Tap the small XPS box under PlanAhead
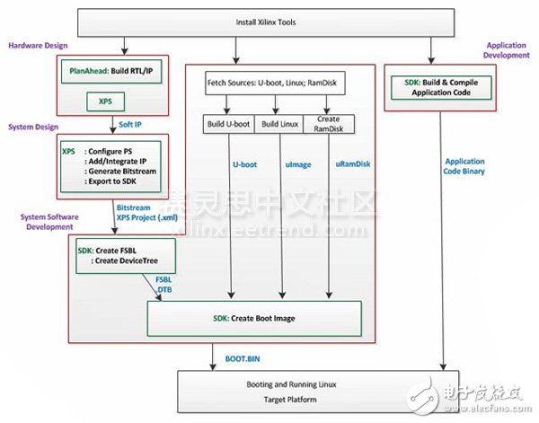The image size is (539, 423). click(105, 102)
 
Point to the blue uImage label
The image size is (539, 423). click(282, 165)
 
